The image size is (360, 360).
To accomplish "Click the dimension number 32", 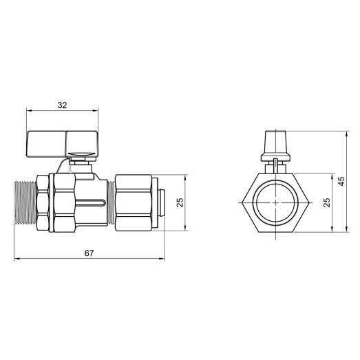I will click(x=63, y=105).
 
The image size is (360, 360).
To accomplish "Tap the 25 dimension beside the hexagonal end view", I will click(x=327, y=203).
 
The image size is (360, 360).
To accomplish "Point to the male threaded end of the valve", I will click(x=24, y=204).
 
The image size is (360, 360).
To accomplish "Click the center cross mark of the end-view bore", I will click(x=275, y=204).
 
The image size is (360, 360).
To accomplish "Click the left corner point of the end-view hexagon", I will click(x=242, y=204).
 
